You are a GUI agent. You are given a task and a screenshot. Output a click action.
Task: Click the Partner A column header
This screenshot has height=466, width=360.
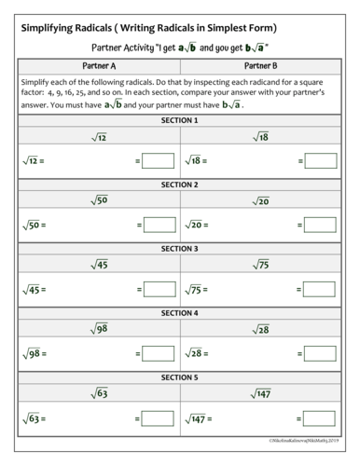[x=100, y=66]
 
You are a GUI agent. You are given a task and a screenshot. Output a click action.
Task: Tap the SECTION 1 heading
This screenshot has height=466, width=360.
[x=180, y=121]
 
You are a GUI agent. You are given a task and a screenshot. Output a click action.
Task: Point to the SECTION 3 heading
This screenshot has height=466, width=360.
[x=180, y=249]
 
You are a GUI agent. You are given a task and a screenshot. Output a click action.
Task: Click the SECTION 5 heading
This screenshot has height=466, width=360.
[x=180, y=377]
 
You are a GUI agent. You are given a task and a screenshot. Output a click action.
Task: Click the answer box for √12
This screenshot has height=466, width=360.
[x=159, y=160]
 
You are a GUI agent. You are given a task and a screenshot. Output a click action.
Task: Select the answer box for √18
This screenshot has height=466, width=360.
[x=320, y=160]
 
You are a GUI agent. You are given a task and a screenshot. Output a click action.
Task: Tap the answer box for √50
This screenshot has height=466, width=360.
[x=159, y=225]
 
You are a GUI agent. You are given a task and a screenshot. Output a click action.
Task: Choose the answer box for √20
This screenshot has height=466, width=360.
[x=320, y=225]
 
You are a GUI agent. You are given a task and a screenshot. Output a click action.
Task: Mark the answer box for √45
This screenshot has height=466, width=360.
[x=159, y=289]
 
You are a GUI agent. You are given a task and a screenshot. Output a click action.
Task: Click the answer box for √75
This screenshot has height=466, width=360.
[x=320, y=289]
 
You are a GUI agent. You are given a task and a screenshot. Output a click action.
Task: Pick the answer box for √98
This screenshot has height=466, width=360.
[x=159, y=353]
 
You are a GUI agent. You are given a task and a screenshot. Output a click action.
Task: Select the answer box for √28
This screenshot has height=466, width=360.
[x=320, y=353]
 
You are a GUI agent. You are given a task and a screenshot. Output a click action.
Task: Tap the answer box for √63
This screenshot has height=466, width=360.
[x=159, y=418]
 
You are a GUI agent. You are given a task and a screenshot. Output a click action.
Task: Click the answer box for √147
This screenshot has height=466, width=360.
[x=320, y=418]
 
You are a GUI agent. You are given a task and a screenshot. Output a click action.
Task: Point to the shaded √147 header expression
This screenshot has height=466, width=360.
[x=260, y=393]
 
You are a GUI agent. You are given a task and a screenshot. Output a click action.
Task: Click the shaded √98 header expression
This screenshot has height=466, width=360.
[x=99, y=329]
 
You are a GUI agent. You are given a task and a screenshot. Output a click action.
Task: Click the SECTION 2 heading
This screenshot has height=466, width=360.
[x=180, y=185]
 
